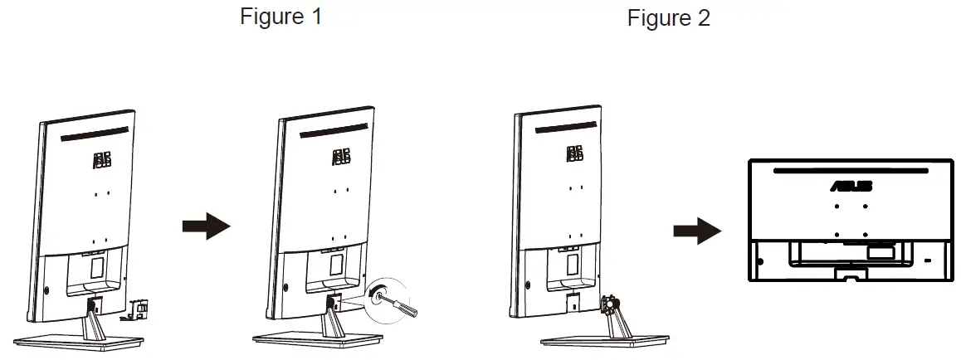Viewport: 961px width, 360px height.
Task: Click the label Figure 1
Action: (280, 17)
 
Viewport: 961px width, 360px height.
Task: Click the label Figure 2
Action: (668, 18)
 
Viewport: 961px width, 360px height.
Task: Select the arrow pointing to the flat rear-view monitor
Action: (695, 231)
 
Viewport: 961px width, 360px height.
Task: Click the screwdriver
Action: (402, 303)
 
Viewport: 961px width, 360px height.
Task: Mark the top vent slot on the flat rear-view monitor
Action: (850, 171)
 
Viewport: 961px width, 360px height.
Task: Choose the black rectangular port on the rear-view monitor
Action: (880, 247)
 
